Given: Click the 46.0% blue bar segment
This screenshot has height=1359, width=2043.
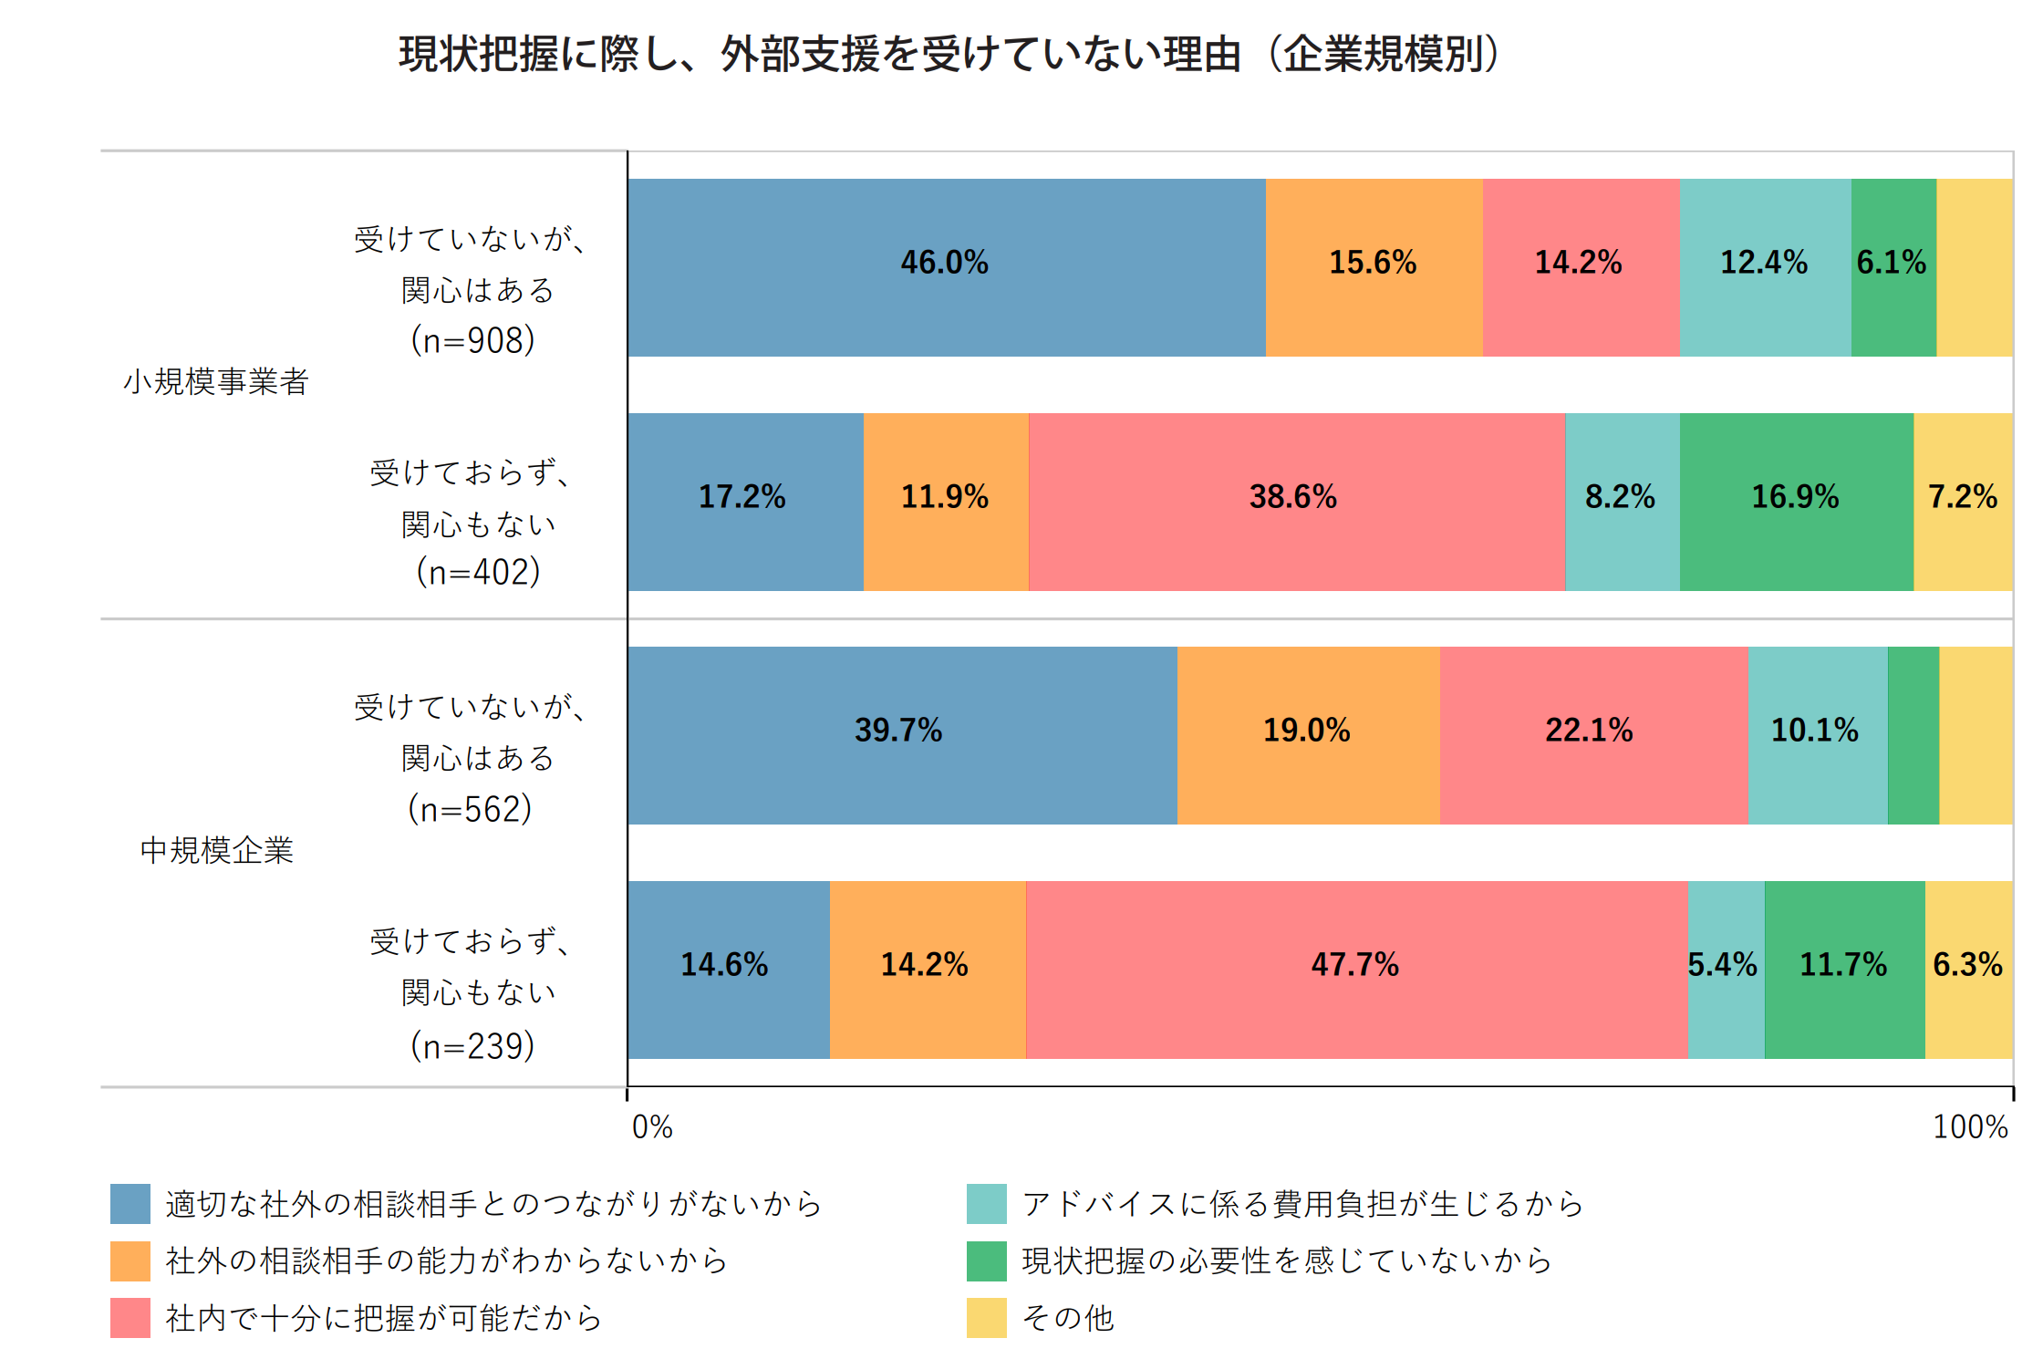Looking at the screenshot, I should pyautogui.click(x=946, y=267).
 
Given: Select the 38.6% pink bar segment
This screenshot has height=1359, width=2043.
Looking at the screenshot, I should pyautogui.click(x=1296, y=502).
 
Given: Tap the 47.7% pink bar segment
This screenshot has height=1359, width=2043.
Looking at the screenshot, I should pyautogui.click(x=1356, y=970).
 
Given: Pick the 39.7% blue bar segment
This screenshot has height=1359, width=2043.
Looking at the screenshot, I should pyautogui.click(x=902, y=735).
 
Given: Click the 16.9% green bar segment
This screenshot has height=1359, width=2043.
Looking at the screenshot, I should pyautogui.click(x=1796, y=502).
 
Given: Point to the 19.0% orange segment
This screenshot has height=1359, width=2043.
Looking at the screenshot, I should pyautogui.click(x=1308, y=735).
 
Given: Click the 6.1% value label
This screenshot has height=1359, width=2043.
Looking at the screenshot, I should pyautogui.click(x=1892, y=263).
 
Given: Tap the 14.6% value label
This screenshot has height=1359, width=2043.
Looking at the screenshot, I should pyautogui.click(x=724, y=965).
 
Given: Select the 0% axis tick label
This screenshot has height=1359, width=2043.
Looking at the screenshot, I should pyautogui.click(x=652, y=1127).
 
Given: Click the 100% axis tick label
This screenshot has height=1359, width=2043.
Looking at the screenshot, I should pyautogui.click(x=1970, y=1127).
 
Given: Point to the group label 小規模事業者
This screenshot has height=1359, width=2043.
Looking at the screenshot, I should pyautogui.click(x=216, y=381).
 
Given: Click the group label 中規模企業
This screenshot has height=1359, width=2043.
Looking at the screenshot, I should pyautogui.click(x=216, y=850).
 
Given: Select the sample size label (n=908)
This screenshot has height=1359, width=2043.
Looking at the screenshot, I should pyautogui.click(x=472, y=340).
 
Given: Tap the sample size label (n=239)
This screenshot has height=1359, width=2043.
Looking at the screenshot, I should pyautogui.click(x=472, y=1045).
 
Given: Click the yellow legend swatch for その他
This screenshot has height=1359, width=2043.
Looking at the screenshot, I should pyautogui.click(x=986, y=1318).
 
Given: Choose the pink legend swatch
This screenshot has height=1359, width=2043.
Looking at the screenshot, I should pyautogui.click(x=130, y=1318).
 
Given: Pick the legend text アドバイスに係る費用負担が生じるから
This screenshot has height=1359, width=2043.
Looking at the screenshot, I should pyautogui.click(x=1302, y=1204).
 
